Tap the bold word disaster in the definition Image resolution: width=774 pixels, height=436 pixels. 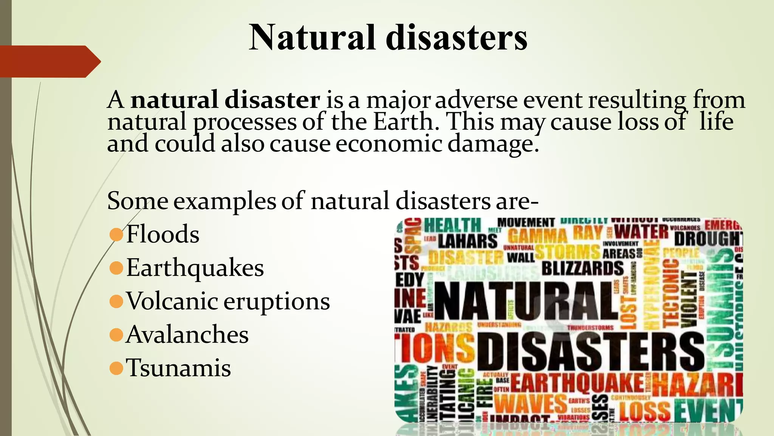coord(272,100)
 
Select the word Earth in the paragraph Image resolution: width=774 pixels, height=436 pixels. coord(403,122)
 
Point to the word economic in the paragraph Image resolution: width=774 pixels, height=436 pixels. coord(389,144)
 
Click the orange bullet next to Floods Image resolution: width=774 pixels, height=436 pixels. coord(116,235)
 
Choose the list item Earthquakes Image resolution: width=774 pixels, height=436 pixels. coord(195,268)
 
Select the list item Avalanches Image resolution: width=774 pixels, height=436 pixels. coord(187,335)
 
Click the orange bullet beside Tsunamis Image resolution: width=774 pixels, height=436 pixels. coord(116,368)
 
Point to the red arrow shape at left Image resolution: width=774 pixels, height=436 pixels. coord(49,61)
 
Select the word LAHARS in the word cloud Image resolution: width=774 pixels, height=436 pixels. coord(467,241)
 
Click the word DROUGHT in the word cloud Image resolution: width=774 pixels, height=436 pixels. coord(707,238)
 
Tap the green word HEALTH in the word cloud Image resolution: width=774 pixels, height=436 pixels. coord(452,226)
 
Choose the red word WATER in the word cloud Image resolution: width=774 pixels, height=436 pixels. coord(641,232)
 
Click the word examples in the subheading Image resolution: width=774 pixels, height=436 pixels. coord(224,201)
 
